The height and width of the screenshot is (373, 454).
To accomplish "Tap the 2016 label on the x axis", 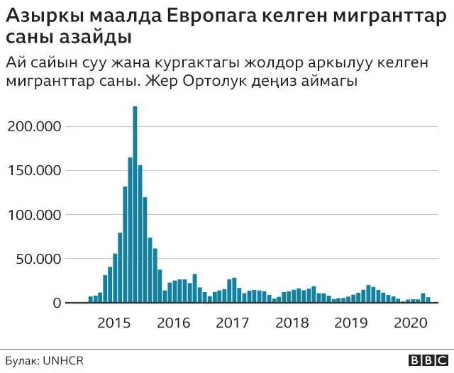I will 174,323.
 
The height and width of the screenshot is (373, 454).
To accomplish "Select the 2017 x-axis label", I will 233,323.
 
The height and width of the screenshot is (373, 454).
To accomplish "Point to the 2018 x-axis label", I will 292,323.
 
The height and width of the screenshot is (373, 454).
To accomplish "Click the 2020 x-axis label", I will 409,323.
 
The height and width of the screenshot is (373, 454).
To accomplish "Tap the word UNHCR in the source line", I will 65,360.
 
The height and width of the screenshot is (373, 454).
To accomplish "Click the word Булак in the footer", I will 22,360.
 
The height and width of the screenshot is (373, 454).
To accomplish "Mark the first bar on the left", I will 91,300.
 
